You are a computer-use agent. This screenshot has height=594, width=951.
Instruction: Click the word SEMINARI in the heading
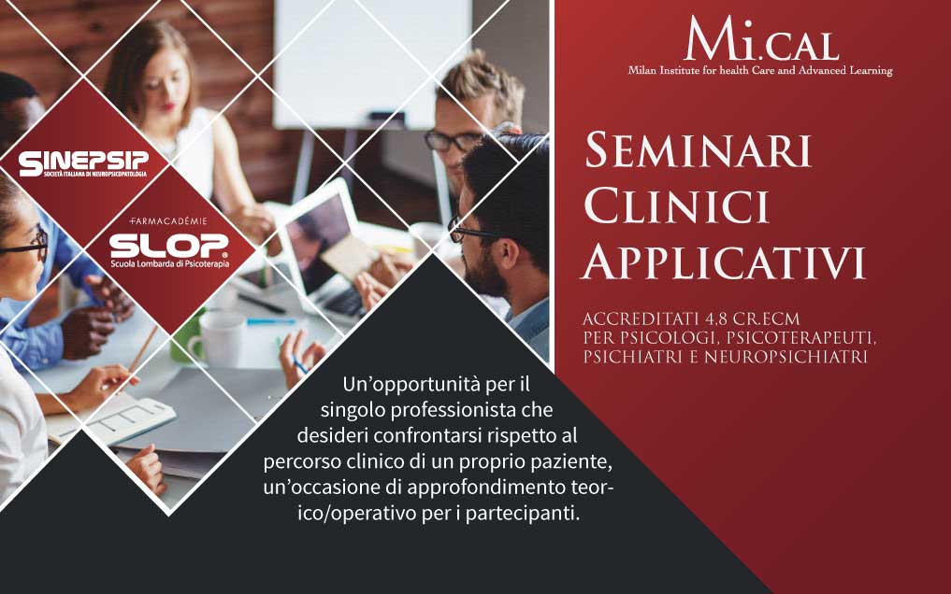[x=699, y=150]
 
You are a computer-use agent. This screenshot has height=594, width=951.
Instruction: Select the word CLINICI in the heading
[x=677, y=206]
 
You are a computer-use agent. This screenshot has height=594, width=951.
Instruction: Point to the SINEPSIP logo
[x=83, y=163]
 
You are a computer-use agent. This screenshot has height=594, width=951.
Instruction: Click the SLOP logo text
[x=169, y=246]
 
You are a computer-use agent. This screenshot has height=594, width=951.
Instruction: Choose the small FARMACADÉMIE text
[x=168, y=221]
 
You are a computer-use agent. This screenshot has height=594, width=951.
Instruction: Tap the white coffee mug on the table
[x=217, y=340]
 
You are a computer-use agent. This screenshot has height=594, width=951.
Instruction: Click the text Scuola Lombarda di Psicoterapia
[x=170, y=264]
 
